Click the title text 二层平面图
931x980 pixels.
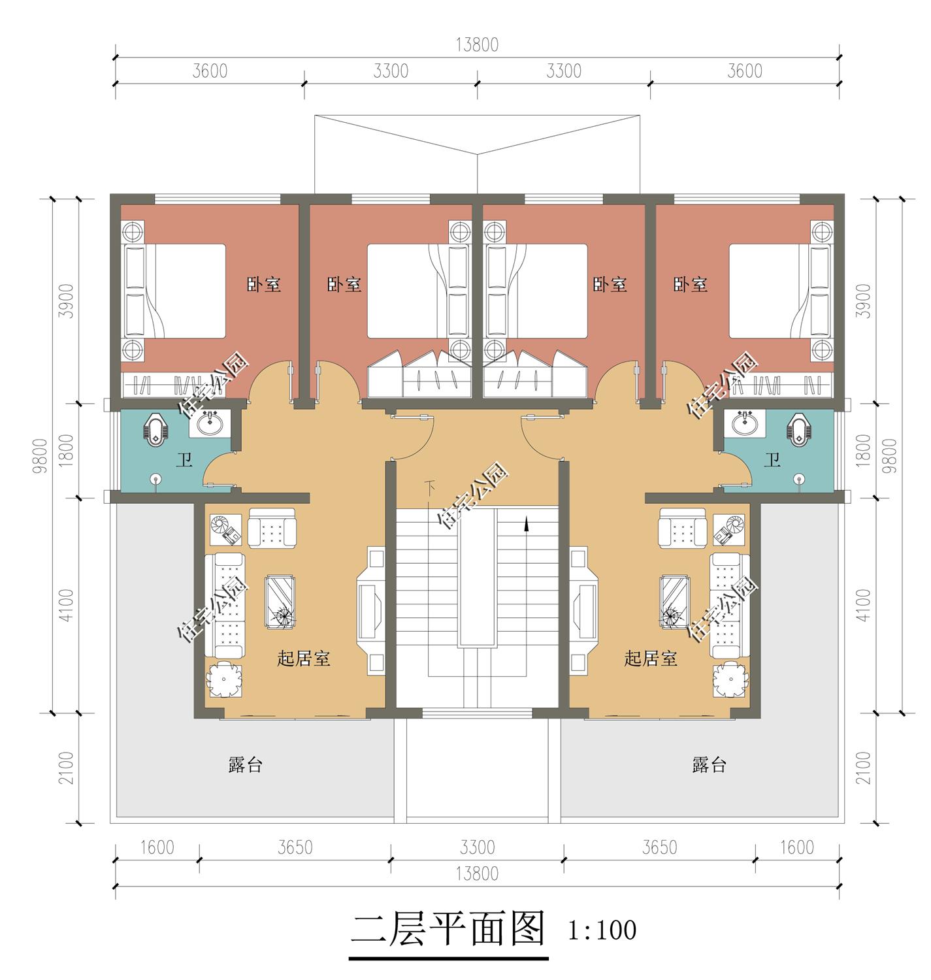[x=448, y=930]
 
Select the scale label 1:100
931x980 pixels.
[x=602, y=930]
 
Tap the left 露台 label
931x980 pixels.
[x=246, y=765]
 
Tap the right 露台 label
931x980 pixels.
[x=710, y=765]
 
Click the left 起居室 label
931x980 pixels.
[x=304, y=659]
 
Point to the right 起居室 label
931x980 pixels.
[x=650, y=659]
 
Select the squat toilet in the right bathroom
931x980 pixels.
[x=799, y=430]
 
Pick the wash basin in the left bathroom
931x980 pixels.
[x=209, y=425]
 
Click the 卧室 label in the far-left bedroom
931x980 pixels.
[x=264, y=285]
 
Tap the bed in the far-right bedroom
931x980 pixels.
[x=771, y=291]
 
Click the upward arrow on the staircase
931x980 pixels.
[x=526, y=525]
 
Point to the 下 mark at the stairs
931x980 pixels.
[x=429, y=487]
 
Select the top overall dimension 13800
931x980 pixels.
[x=477, y=44]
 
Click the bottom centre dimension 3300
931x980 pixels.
[x=477, y=847]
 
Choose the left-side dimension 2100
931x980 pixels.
[x=66, y=768]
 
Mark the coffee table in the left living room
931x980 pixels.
[x=280, y=602]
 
